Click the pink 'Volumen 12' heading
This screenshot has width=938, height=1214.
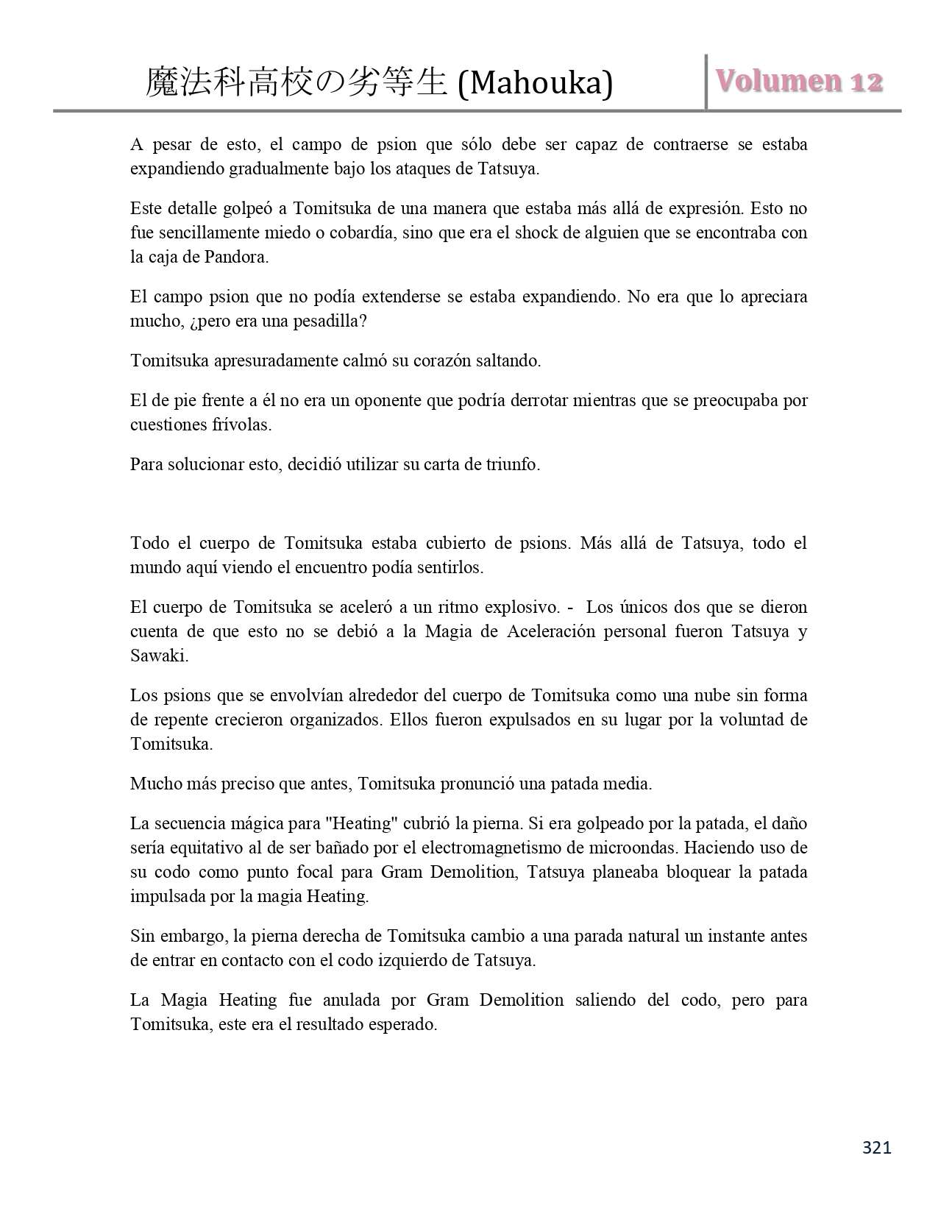[799, 81]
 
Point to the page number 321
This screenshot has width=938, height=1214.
[876, 1147]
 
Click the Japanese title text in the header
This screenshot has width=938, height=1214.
[296, 82]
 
